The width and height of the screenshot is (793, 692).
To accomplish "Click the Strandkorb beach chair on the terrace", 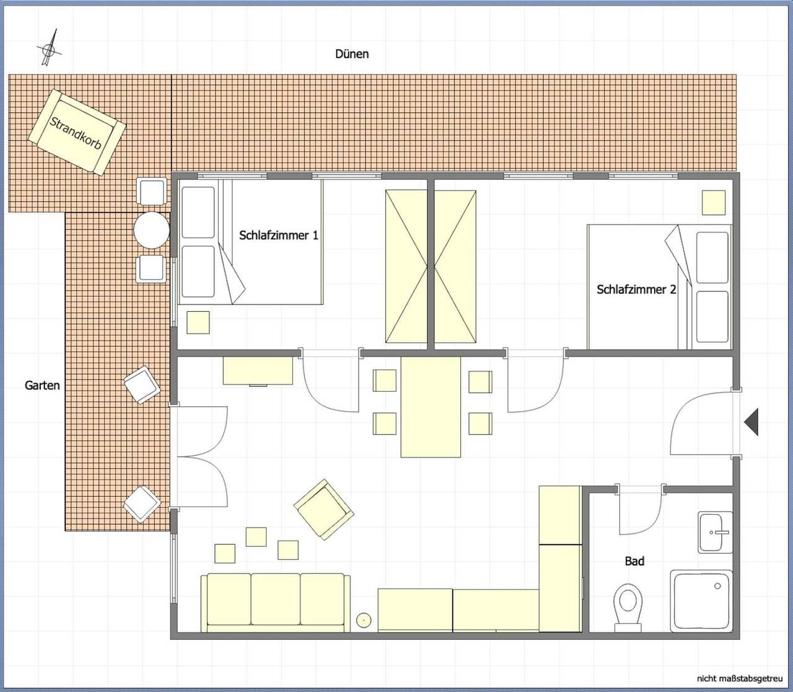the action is [x=77, y=132].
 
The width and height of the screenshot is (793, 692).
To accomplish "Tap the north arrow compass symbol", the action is [x=49, y=48].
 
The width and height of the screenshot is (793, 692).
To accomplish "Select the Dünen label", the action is [x=352, y=54].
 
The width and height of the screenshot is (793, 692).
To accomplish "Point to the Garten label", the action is [x=42, y=385].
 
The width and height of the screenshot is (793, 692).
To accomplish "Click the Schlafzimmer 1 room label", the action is [x=278, y=235].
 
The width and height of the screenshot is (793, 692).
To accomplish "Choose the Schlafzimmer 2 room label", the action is [x=636, y=290].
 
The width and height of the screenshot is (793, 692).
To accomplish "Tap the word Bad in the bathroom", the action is [x=634, y=561].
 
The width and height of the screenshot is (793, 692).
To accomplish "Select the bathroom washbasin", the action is [x=715, y=532].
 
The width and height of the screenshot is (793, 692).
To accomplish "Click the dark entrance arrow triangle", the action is [x=751, y=422].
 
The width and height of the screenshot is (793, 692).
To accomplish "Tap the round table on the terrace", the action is [x=152, y=230].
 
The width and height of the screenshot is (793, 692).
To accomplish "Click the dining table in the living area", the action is [x=431, y=407].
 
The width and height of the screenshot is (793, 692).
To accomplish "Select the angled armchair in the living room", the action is [x=323, y=509].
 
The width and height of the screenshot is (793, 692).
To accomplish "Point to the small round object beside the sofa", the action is [x=364, y=620].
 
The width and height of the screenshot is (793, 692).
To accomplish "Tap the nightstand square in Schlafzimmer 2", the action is [x=714, y=202].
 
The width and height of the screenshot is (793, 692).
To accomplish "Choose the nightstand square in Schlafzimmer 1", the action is [x=198, y=322].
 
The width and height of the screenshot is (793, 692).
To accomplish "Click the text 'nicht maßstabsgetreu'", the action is [x=740, y=678].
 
